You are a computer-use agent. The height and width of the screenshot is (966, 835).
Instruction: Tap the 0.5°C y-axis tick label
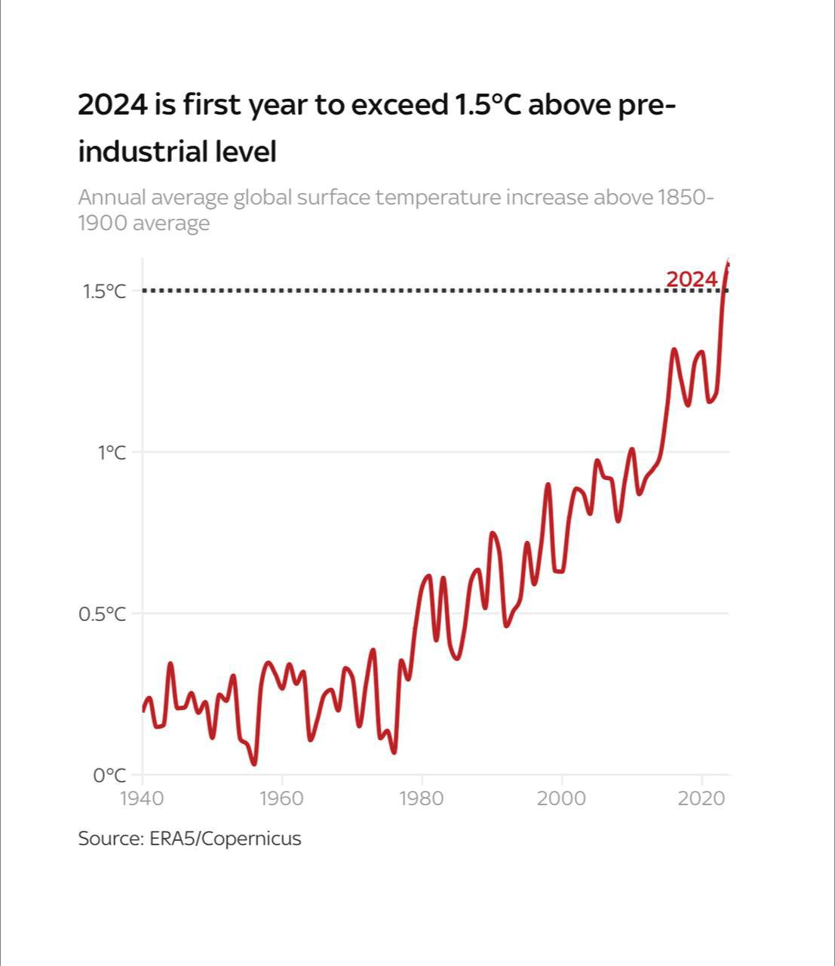pos(103,614)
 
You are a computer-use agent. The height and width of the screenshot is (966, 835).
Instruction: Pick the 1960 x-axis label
pos(281,798)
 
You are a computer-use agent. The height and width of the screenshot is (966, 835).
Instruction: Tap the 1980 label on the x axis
pos(422,798)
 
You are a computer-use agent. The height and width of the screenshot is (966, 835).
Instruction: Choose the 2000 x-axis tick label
pos(561,798)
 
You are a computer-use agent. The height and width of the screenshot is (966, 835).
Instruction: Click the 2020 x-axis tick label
pos(701,798)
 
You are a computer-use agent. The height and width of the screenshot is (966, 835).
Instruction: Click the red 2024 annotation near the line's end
pos(691,279)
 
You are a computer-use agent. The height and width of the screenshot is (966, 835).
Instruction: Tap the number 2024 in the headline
pos(112,104)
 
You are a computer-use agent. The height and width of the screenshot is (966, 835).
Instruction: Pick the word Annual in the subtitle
pos(112,198)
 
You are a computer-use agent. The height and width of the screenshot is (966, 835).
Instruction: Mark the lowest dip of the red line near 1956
pos(254,764)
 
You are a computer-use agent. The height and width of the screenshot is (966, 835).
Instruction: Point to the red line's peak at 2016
pos(674,349)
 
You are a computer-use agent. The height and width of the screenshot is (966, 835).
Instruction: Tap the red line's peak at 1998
pos(548,485)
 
